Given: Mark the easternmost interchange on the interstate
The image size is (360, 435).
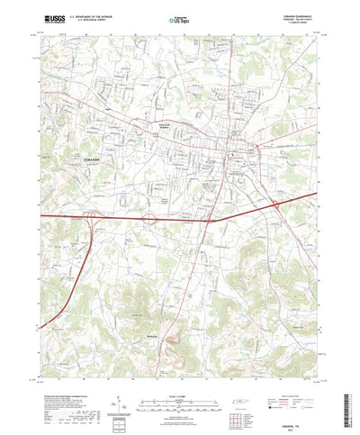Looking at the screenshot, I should pos(274,205).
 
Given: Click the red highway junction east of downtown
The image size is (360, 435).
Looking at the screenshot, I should pos(259,145).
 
